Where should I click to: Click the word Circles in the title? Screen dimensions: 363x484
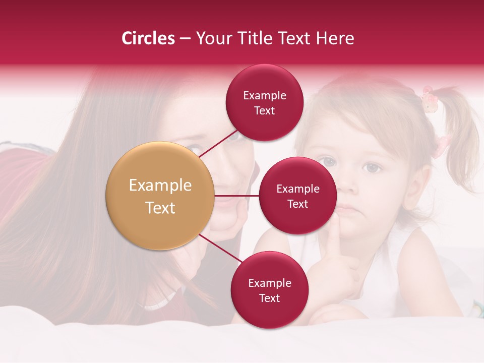(148, 38)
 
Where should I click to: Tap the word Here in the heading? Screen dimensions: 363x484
(335, 38)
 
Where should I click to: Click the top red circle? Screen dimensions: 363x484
(264, 103)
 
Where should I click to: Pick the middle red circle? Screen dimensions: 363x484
(297, 196)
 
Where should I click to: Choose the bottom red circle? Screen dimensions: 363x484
(269, 290)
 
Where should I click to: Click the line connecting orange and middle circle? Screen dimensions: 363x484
(237, 196)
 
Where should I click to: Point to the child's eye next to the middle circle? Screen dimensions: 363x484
(329, 162)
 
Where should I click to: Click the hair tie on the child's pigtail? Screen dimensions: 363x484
(429, 100)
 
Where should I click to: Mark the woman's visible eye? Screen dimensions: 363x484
(194, 149)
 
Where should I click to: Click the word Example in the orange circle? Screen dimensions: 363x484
(160, 186)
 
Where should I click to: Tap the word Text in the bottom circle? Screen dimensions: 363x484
(269, 298)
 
